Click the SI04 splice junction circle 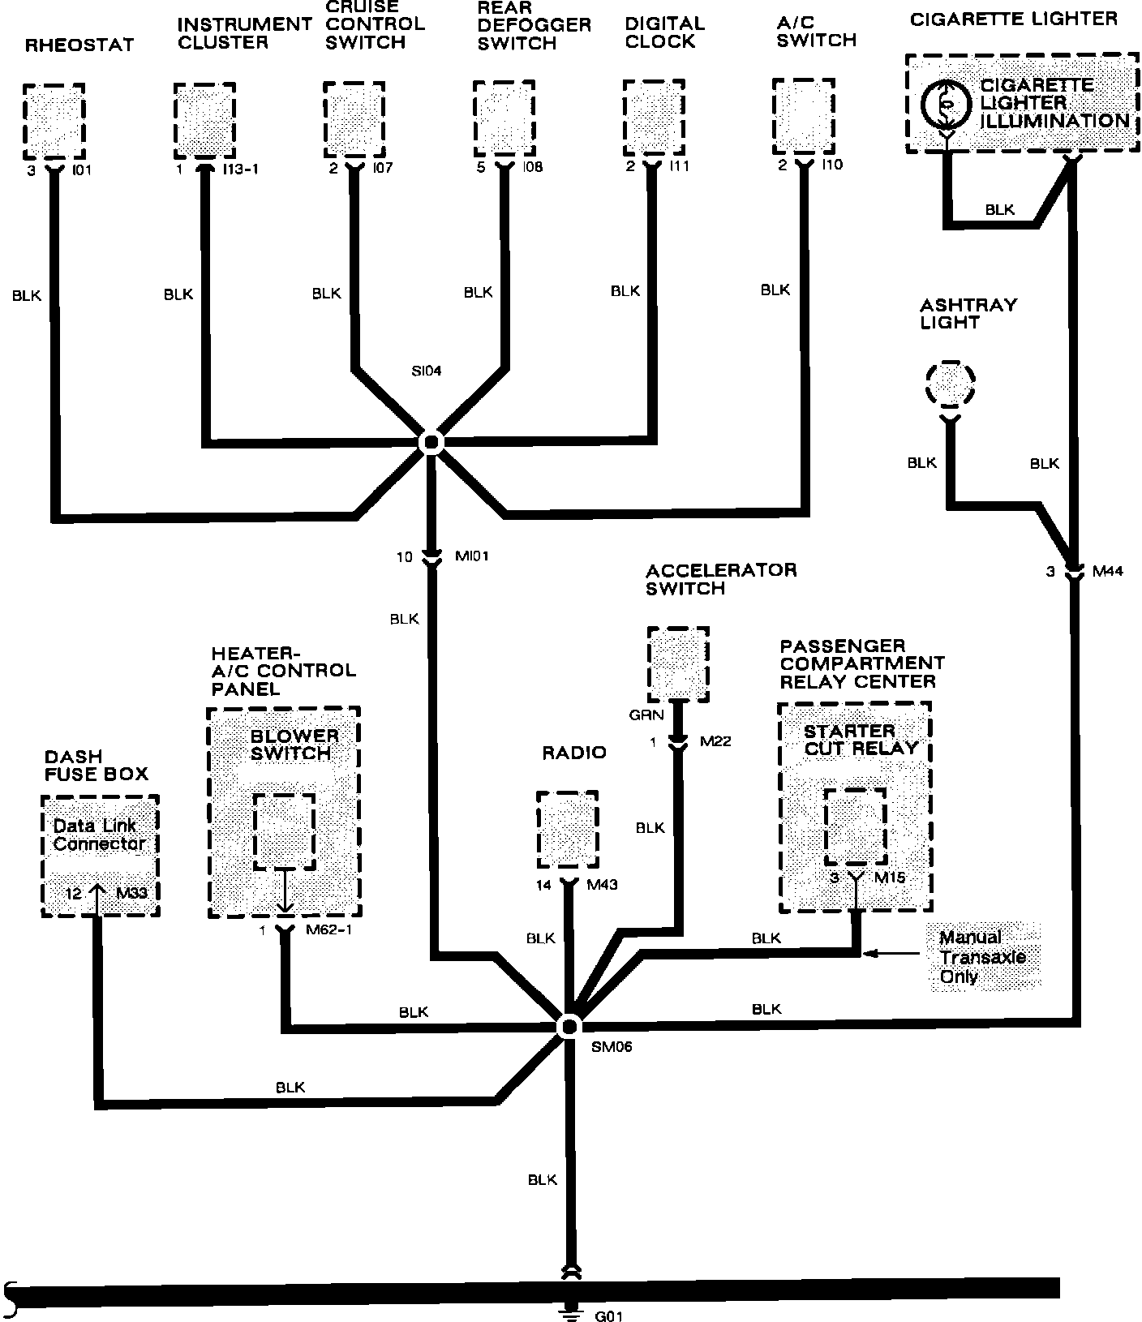pyautogui.click(x=431, y=442)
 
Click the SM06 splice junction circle pyautogui.click(x=568, y=1026)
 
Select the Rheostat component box pyautogui.click(x=54, y=122)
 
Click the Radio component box pyautogui.click(x=567, y=830)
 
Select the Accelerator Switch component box pyautogui.click(x=678, y=664)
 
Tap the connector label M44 pyautogui.click(x=1107, y=571)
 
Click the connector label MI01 pyautogui.click(x=471, y=556)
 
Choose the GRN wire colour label pyautogui.click(x=646, y=715)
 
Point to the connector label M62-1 pyautogui.click(x=328, y=930)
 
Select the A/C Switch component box pyautogui.click(x=803, y=117)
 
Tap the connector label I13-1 pyautogui.click(x=240, y=170)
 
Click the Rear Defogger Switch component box pyautogui.click(x=504, y=118)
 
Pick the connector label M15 pyautogui.click(x=890, y=878)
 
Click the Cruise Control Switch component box pyautogui.click(x=354, y=120)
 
